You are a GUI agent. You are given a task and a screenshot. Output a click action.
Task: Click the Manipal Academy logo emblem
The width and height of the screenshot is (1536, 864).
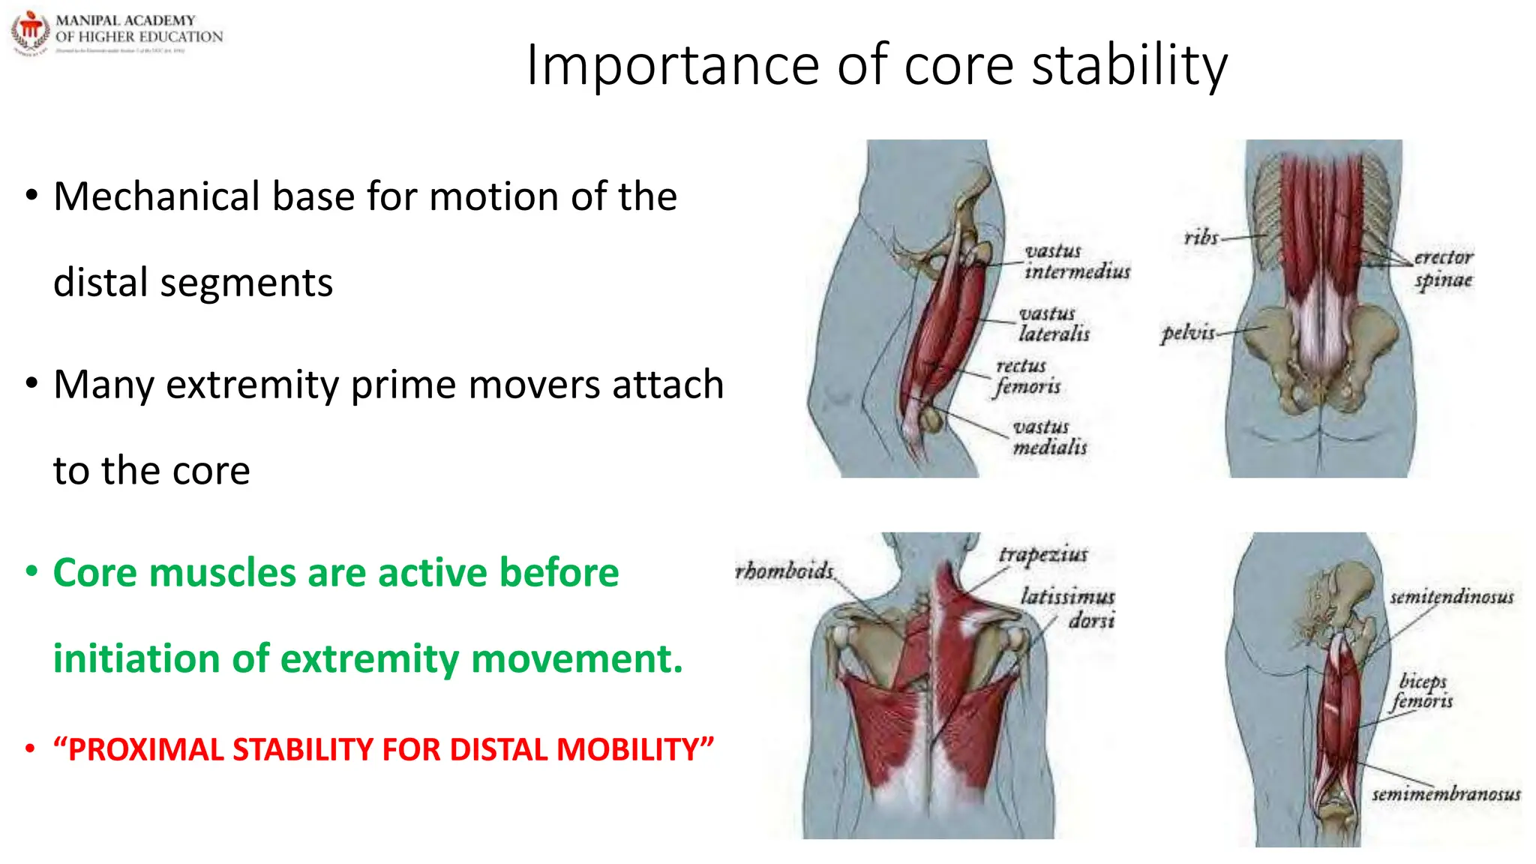pos(30,33)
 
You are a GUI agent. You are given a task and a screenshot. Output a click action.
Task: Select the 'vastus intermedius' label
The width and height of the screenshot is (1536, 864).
pos(1076,261)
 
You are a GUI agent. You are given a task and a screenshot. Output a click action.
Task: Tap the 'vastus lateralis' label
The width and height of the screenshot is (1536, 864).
pos(1054,324)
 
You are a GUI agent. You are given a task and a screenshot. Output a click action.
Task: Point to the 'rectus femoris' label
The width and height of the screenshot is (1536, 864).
pos(1027,376)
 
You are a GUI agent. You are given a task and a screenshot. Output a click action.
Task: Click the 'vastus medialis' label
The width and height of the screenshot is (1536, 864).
pos(1049,437)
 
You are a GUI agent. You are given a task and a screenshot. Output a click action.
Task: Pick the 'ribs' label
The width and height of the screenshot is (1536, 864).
pos(1201,238)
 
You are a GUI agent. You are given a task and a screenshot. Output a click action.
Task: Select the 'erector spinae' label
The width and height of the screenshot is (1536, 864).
pos(1443,268)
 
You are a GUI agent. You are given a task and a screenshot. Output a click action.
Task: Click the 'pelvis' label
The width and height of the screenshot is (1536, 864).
pos(1187,332)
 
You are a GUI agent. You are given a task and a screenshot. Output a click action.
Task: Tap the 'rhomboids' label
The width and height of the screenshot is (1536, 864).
pos(784,571)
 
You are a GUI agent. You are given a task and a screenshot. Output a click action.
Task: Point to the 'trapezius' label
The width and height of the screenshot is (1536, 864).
pos(1042,554)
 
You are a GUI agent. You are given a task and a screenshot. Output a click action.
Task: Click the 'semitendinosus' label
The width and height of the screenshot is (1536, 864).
pos(1451,597)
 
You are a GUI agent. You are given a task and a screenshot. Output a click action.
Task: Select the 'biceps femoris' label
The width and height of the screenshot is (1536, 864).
pos(1422,691)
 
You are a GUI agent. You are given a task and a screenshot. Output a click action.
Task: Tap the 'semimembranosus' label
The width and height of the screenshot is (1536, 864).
pos(1445,794)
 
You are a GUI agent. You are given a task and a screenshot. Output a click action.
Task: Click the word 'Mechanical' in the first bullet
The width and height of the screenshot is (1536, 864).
pos(157,197)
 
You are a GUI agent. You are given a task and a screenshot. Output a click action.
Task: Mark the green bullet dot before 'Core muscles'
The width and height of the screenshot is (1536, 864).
pos(31,572)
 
